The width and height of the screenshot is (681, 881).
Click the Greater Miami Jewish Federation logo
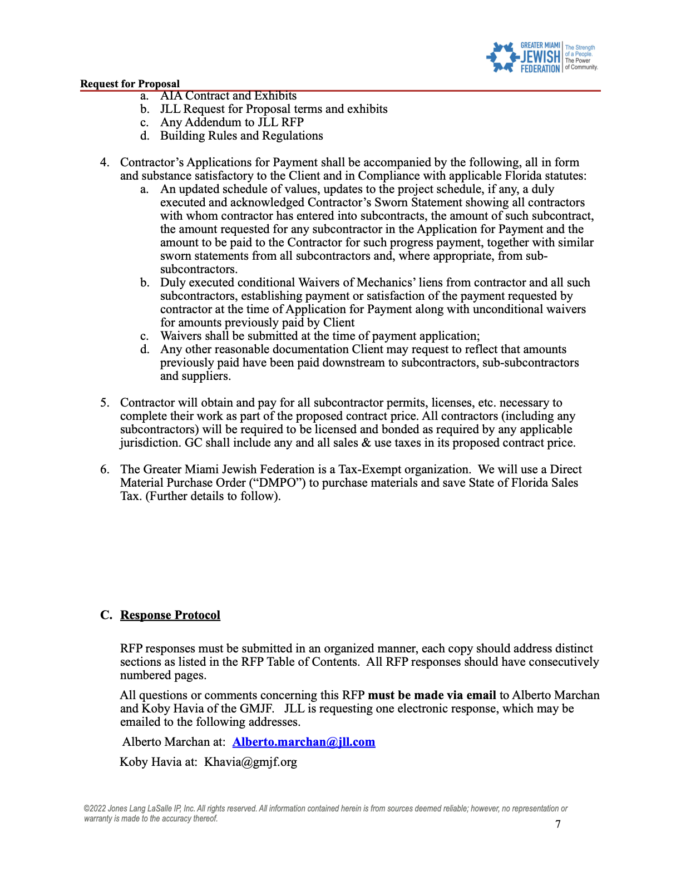(x=541, y=57)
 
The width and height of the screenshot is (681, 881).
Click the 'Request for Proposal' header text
(x=130, y=84)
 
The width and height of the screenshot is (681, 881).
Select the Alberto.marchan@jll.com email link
(x=304, y=742)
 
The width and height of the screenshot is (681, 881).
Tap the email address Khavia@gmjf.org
(x=250, y=762)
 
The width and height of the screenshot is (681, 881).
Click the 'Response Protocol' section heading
(x=170, y=615)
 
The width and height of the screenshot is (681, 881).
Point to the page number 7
(x=558, y=824)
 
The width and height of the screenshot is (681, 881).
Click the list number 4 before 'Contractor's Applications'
(x=105, y=162)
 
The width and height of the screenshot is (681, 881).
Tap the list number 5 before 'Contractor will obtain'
(x=105, y=403)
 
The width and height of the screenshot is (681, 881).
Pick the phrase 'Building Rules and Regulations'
(x=241, y=136)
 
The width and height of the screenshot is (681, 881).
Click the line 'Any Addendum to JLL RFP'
(x=232, y=122)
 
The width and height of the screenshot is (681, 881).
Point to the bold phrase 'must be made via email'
(x=432, y=695)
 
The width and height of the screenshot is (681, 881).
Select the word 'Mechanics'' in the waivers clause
(x=386, y=283)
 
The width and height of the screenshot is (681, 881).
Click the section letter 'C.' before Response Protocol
(x=106, y=615)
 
